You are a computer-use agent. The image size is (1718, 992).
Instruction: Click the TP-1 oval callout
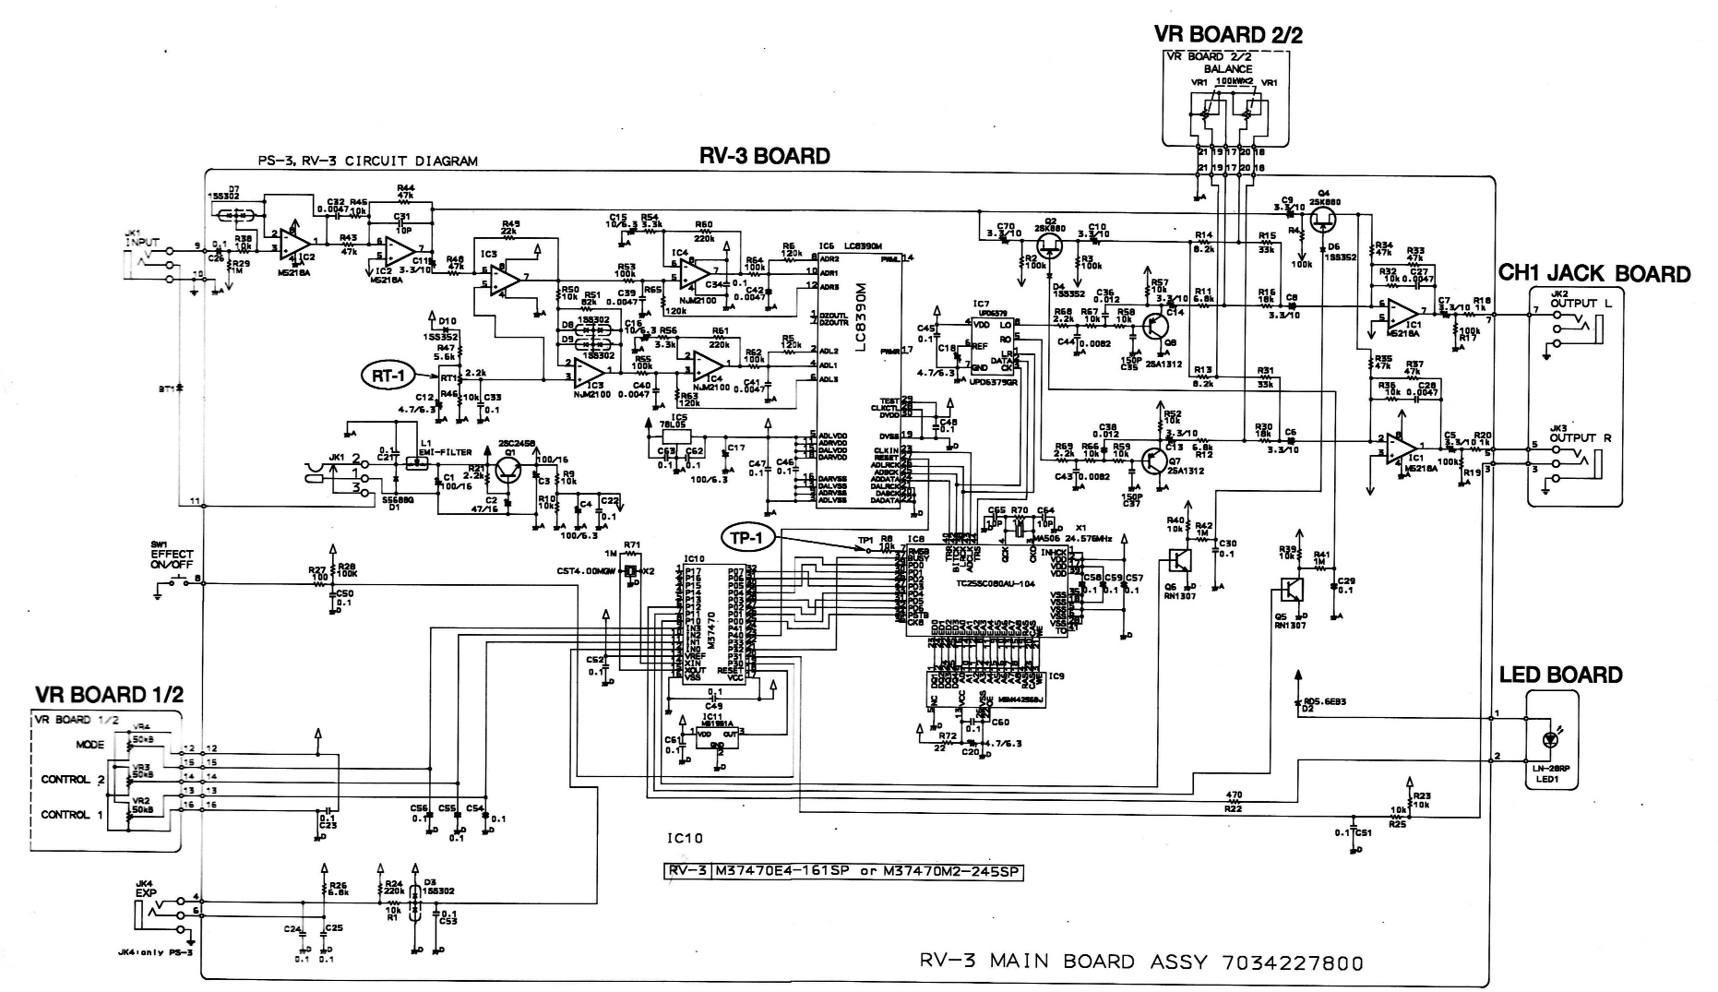click(750, 536)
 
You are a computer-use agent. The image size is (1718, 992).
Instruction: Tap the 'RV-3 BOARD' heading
click(764, 156)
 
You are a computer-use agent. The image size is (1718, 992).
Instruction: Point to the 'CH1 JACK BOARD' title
click(1594, 273)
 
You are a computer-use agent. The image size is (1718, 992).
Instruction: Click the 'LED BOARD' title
click(1560, 675)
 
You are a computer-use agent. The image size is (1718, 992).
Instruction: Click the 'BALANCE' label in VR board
click(1234, 68)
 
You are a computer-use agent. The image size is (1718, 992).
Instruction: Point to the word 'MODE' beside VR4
click(90, 744)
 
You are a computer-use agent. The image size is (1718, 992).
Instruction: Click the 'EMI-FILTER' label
click(446, 452)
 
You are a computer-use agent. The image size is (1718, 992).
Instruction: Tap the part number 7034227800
click(1292, 962)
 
